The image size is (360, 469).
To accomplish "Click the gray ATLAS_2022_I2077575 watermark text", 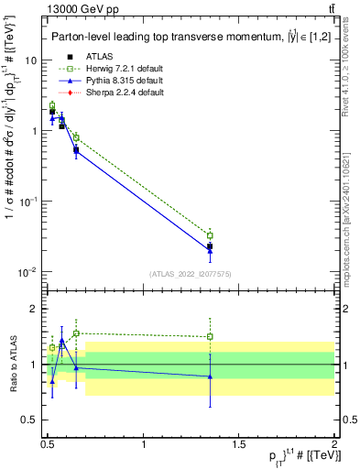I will coord(191,274).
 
